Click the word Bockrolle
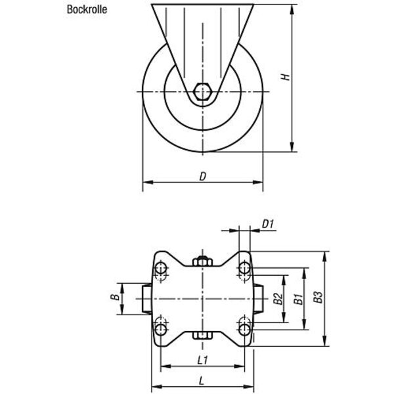(87, 9)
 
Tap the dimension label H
(285, 77)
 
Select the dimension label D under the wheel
(202, 177)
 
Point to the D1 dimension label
(268, 223)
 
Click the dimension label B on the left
(115, 297)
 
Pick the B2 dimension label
(278, 299)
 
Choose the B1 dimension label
(299, 299)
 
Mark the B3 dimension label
(318, 297)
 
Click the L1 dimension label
(202, 361)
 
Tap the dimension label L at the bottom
(202, 381)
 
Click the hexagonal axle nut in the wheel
(203, 91)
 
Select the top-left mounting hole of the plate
(161, 268)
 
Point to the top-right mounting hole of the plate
(244, 268)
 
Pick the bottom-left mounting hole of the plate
(161, 330)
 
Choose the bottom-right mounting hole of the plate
(244, 330)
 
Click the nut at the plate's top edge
(202, 261)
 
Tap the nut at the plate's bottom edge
(202, 336)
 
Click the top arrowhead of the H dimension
(292, 9)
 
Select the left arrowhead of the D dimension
(148, 182)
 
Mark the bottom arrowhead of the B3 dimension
(324, 341)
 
